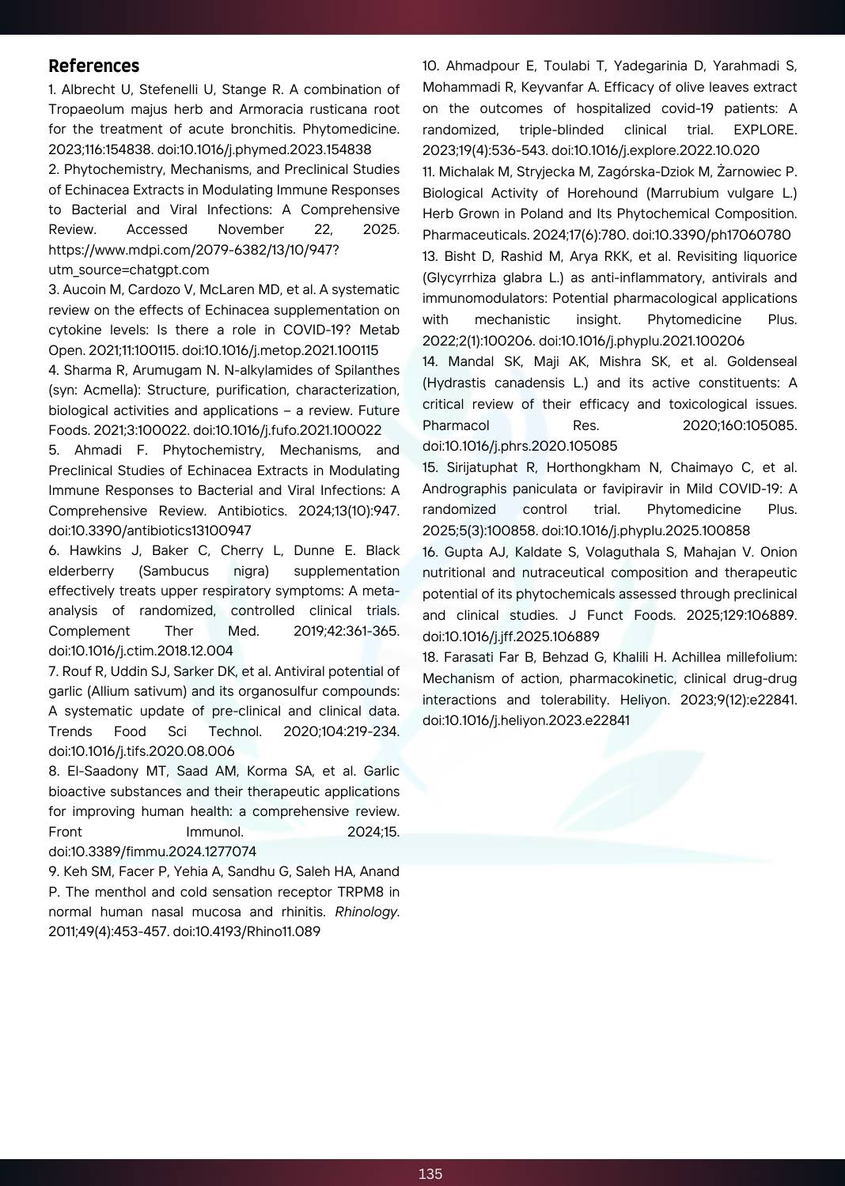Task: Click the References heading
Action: tap(93, 66)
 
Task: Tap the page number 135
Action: tap(430, 1174)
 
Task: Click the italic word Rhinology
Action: tap(366, 912)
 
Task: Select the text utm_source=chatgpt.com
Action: tap(128, 270)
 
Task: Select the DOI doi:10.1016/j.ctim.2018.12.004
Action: tap(141, 651)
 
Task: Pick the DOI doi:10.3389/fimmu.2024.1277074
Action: tap(152, 852)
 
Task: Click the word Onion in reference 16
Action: tap(779, 552)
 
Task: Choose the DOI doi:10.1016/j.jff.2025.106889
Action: tap(511, 636)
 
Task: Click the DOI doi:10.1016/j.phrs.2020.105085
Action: tap(520, 446)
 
